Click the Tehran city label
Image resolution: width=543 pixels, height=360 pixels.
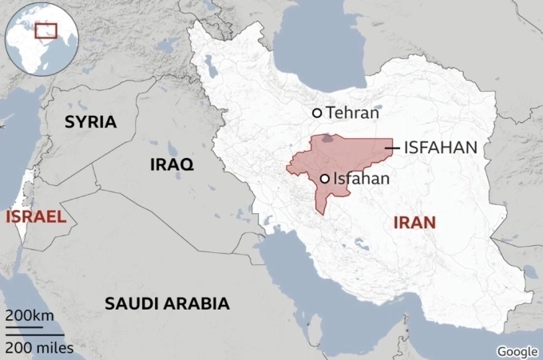click(x=352, y=113)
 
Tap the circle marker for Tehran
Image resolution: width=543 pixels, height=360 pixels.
click(x=317, y=113)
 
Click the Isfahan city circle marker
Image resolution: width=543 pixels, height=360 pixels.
click(x=325, y=179)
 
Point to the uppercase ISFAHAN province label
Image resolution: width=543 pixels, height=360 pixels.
click(x=441, y=148)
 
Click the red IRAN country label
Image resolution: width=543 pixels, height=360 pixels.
click(x=414, y=222)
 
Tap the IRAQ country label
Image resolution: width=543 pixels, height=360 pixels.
click(x=172, y=164)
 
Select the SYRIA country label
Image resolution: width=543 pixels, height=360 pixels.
click(x=90, y=122)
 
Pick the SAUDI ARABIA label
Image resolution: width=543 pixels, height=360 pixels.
click(x=167, y=303)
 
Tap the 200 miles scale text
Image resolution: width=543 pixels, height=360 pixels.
click(x=38, y=347)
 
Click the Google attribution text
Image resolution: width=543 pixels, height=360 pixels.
click(x=517, y=351)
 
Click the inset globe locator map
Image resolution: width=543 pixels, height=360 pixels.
click(x=41, y=38)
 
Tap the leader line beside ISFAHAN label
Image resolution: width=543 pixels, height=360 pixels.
click(x=392, y=148)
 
